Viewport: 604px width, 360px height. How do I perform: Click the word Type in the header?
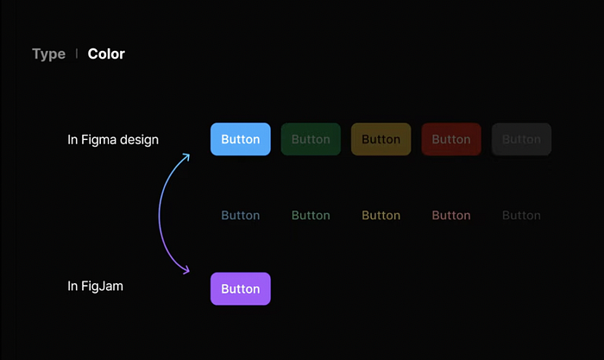[x=48, y=54]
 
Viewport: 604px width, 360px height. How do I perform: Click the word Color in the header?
[x=106, y=54]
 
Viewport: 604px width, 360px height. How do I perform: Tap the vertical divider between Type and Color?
[x=77, y=54]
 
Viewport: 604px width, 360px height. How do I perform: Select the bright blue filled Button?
[x=241, y=139]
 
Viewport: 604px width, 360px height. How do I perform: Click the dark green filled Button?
[x=311, y=139]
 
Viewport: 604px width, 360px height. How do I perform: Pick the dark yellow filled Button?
[x=381, y=139]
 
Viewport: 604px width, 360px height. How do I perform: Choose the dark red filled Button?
[x=451, y=139]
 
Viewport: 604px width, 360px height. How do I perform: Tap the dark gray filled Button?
[x=521, y=139]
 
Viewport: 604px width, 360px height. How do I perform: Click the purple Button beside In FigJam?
[x=241, y=289]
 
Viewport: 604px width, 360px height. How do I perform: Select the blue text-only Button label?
[x=241, y=215]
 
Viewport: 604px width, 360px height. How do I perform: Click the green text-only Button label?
[x=311, y=215]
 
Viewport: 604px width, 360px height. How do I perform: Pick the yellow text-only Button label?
[x=381, y=215]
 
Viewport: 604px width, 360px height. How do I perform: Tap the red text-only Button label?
[x=451, y=215]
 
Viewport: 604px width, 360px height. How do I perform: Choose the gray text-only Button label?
[x=521, y=215]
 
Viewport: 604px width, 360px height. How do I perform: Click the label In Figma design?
[x=113, y=139]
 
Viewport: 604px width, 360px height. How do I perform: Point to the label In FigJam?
[x=95, y=286]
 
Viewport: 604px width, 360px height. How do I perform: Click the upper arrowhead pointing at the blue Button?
[x=186, y=156]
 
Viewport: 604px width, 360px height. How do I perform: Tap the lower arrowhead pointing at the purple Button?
[x=186, y=271]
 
